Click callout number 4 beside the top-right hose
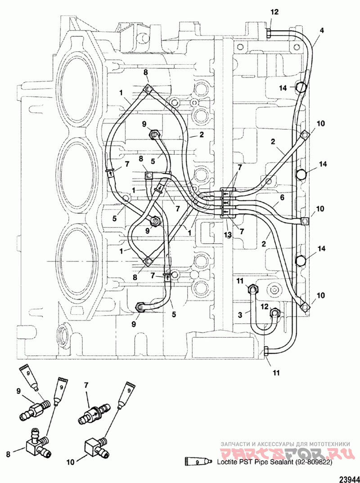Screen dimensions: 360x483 (322, 31)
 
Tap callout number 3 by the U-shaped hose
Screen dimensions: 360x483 (240, 314)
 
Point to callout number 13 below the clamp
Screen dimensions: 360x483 (227, 235)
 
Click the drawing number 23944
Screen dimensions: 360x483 (349, 479)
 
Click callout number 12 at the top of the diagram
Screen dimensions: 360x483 (274, 12)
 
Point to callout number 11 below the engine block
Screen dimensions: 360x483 (276, 373)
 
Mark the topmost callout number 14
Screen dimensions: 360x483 (283, 88)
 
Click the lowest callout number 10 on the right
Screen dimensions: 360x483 (320, 296)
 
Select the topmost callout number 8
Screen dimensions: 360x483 (146, 72)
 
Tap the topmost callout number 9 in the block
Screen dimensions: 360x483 (144, 124)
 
